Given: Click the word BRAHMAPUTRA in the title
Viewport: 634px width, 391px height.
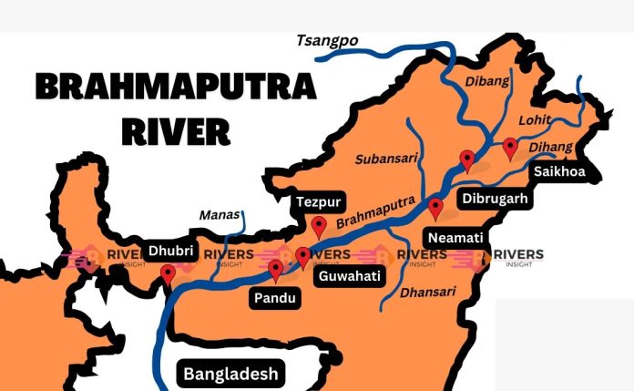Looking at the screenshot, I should click(x=176, y=87).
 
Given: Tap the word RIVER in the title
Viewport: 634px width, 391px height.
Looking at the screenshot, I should click(x=176, y=130).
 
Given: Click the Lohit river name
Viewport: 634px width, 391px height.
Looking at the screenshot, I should click(x=536, y=119).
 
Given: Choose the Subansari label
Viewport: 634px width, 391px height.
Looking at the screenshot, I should click(x=387, y=158).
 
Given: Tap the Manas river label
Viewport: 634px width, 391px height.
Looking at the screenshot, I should click(x=220, y=216).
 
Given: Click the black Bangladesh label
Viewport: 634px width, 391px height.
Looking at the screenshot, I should click(x=230, y=373).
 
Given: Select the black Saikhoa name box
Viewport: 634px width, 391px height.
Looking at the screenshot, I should click(x=559, y=171).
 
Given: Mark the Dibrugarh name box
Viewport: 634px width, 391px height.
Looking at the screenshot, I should click(x=495, y=197).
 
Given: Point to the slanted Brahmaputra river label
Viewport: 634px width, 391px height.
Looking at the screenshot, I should click(x=375, y=211).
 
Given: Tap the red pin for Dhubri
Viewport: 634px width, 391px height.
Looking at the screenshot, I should click(x=168, y=273).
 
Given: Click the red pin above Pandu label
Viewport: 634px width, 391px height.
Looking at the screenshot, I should click(x=276, y=269).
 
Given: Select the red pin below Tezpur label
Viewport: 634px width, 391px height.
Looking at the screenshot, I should click(x=318, y=226).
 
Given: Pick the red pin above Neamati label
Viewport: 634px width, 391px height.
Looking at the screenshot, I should click(x=435, y=208).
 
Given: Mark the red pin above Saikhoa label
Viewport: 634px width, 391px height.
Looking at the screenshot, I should click(x=510, y=147).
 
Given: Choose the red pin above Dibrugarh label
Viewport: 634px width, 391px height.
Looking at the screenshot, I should click(x=467, y=160).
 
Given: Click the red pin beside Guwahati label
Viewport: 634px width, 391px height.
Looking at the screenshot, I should click(x=302, y=257).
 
